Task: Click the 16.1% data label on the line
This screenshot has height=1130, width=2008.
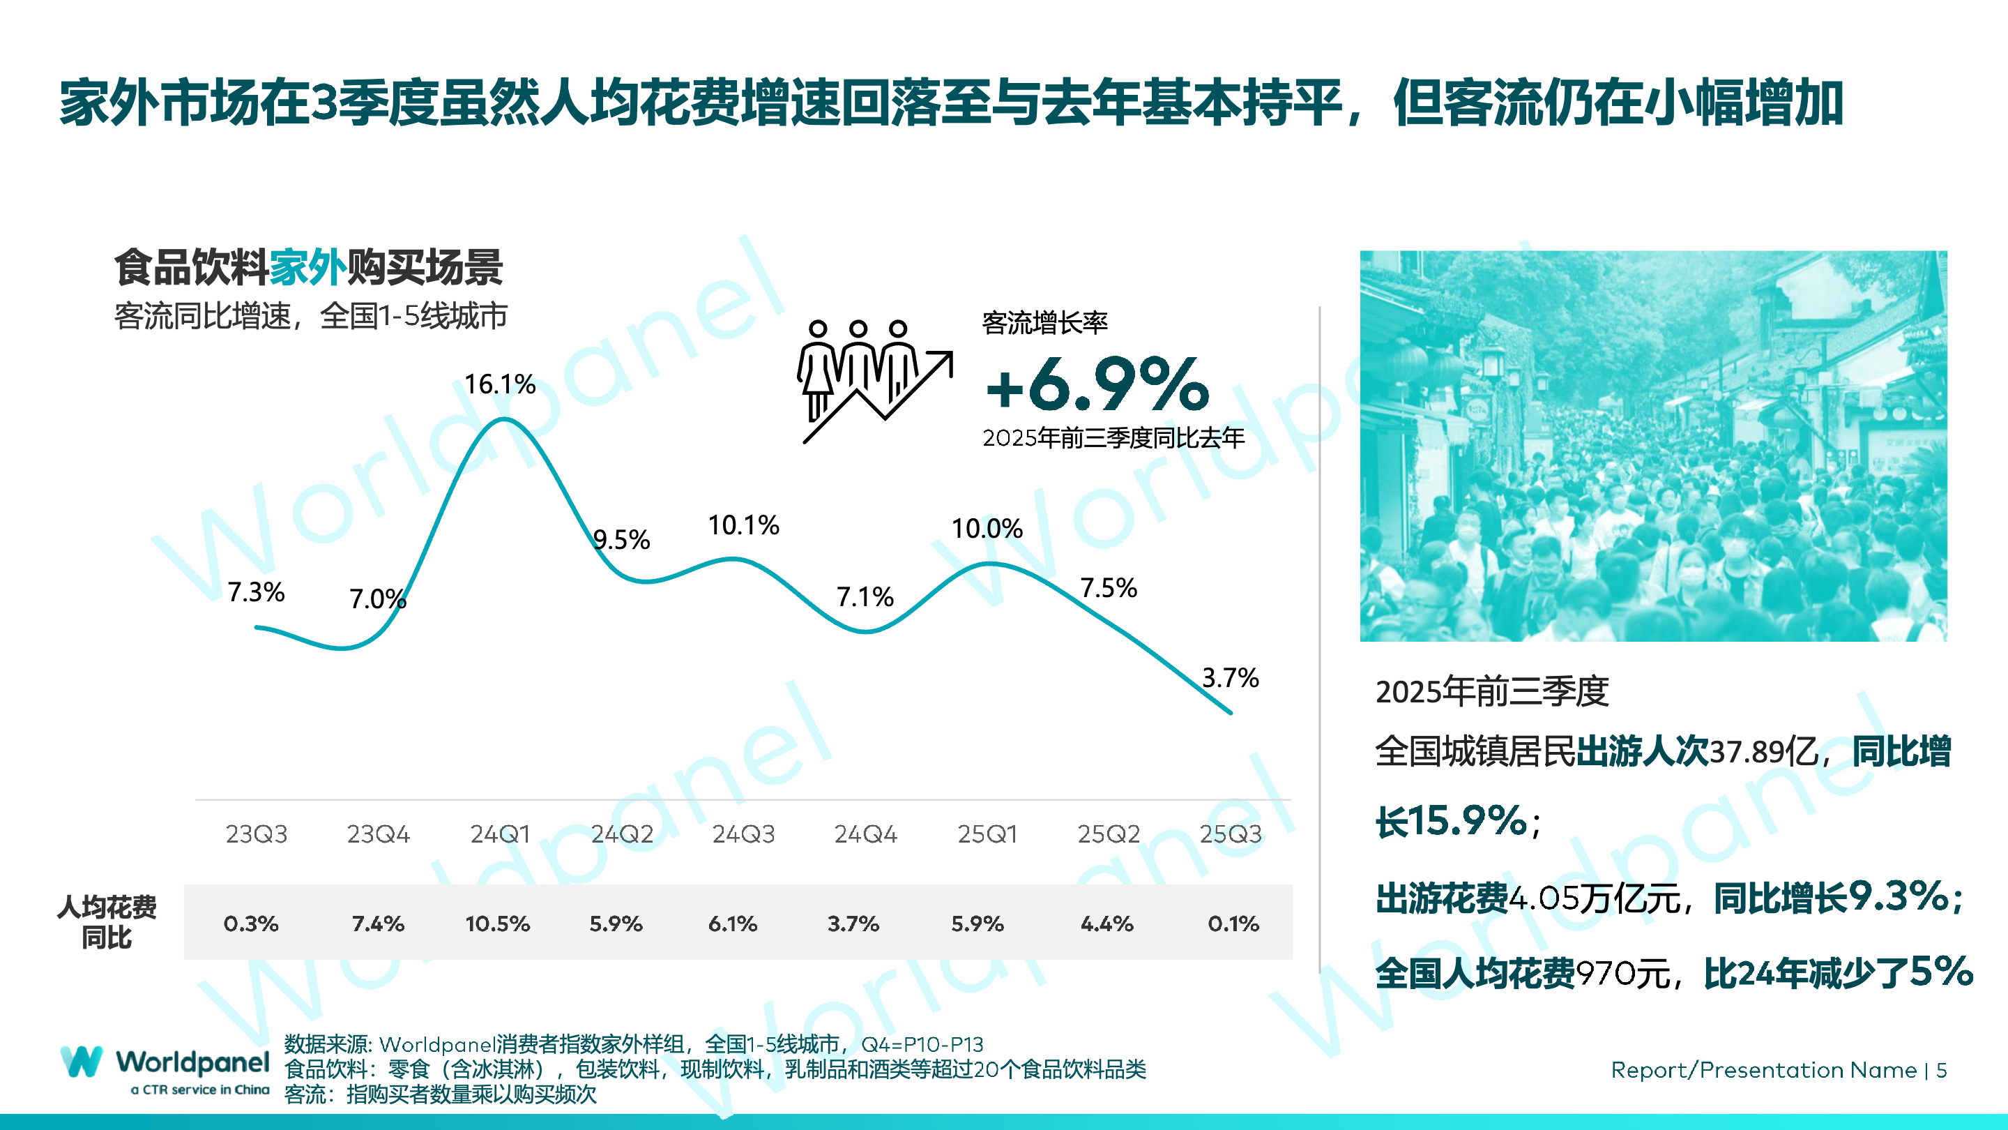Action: pyautogui.click(x=500, y=384)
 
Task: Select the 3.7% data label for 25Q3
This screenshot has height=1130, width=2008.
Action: pyautogui.click(x=1230, y=678)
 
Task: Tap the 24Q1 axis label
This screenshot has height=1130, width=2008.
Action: pyautogui.click(x=500, y=834)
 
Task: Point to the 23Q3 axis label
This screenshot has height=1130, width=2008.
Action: pyautogui.click(x=257, y=834)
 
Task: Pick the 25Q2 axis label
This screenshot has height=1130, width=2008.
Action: pyautogui.click(x=1109, y=834)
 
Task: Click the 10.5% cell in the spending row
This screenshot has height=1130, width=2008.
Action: pyautogui.click(x=497, y=924)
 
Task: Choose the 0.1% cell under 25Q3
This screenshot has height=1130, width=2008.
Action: pyautogui.click(x=1233, y=924)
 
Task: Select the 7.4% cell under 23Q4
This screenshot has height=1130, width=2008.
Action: pyautogui.click(x=378, y=924)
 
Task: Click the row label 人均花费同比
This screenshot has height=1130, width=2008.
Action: pyautogui.click(x=107, y=921)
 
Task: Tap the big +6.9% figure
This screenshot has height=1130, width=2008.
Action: pyautogui.click(x=1097, y=384)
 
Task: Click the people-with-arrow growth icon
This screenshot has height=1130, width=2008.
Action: pyautogui.click(x=874, y=382)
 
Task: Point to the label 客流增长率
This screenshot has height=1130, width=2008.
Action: pyautogui.click(x=1044, y=323)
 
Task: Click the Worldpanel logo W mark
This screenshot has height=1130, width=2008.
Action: pyautogui.click(x=81, y=1062)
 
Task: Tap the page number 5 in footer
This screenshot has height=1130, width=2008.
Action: pyautogui.click(x=1941, y=1070)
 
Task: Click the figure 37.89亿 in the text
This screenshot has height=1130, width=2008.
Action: pyautogui.click(x=1763, y=752)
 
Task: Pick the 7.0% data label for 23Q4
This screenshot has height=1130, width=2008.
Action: pyautogui.click(x=377, y=599)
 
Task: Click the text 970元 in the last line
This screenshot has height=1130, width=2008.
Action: pyautogui.click(x=1623, y=973)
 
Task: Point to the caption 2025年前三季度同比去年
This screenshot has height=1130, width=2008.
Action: pyautogui.click(x=1113, y=438)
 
